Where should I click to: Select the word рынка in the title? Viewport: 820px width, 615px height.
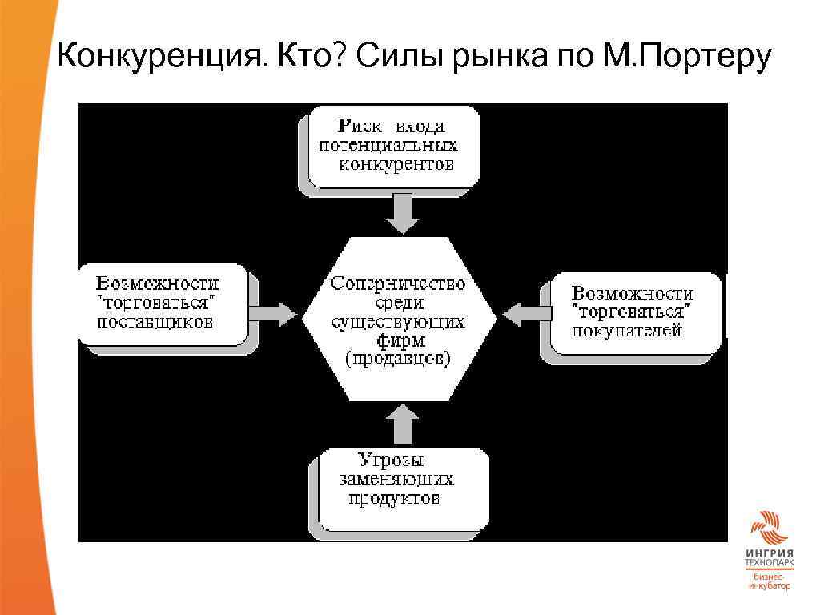500,58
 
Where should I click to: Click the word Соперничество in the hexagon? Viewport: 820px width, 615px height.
398,284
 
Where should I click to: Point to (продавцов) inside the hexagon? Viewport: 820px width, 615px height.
398,360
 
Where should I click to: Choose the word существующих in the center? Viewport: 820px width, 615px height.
398,322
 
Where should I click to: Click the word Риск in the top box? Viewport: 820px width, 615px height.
360,126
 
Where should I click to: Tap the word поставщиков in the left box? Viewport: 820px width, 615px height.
155,323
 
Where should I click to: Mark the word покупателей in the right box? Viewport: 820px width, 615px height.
627,330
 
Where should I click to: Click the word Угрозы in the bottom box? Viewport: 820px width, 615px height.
391,460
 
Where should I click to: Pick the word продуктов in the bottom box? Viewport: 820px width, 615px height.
395,499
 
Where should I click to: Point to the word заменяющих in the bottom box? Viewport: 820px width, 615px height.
396,480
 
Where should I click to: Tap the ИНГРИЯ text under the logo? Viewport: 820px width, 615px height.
769,554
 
